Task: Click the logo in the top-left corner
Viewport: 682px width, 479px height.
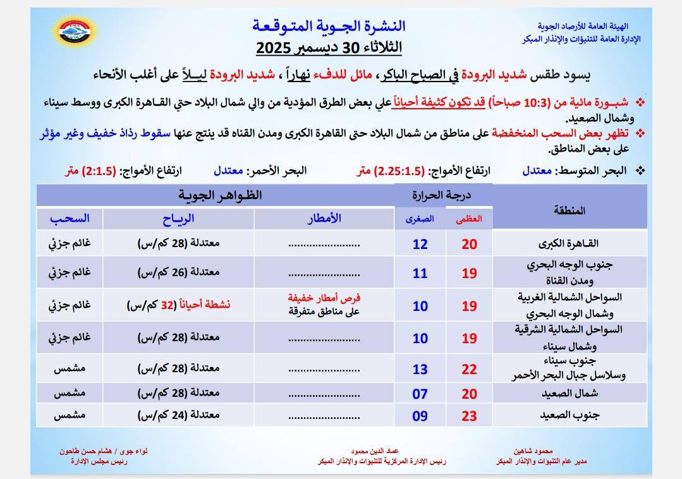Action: [73, 30]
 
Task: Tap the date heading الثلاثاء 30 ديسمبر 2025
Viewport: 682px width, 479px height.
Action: [329, 47]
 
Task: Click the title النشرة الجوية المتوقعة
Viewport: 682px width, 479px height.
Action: [329, 26]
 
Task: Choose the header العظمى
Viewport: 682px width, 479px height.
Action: [469, 219]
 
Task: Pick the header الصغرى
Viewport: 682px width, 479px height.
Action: [420, 219]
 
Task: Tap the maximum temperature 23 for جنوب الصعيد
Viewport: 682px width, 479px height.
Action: [469, 416]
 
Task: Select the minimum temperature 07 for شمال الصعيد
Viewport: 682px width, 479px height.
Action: [420, 394]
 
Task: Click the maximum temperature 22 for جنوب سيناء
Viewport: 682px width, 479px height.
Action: [469, 368]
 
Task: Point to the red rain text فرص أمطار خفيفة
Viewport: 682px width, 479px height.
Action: [324, 298]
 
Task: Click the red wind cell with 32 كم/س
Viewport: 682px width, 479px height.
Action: [178, 305]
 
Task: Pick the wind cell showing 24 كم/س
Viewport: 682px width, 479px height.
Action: [178, 416]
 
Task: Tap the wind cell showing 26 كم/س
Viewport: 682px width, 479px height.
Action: [178, 272]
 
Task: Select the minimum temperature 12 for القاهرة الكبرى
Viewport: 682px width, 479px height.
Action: [420, 244]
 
